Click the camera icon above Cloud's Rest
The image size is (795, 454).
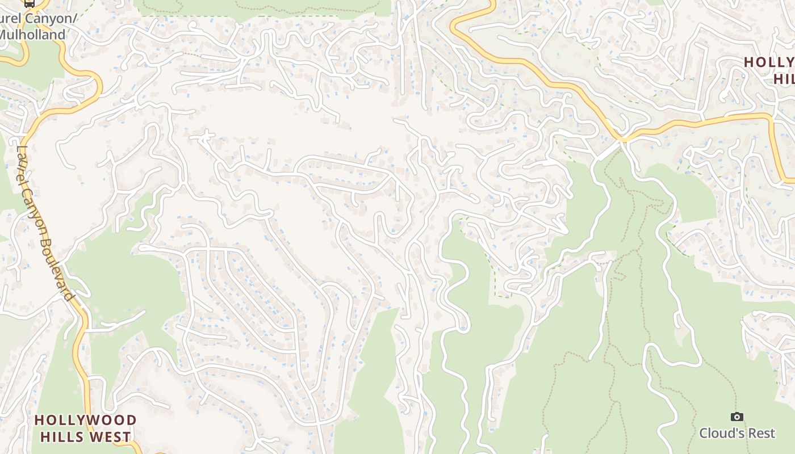tap(737, 417)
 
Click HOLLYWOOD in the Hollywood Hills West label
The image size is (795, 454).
tap(85, 421)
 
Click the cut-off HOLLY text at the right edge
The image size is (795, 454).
tap(769, 62)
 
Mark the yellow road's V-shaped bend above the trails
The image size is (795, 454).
tap(622, 138)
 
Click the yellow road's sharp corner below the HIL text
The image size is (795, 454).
tap(773, 117)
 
